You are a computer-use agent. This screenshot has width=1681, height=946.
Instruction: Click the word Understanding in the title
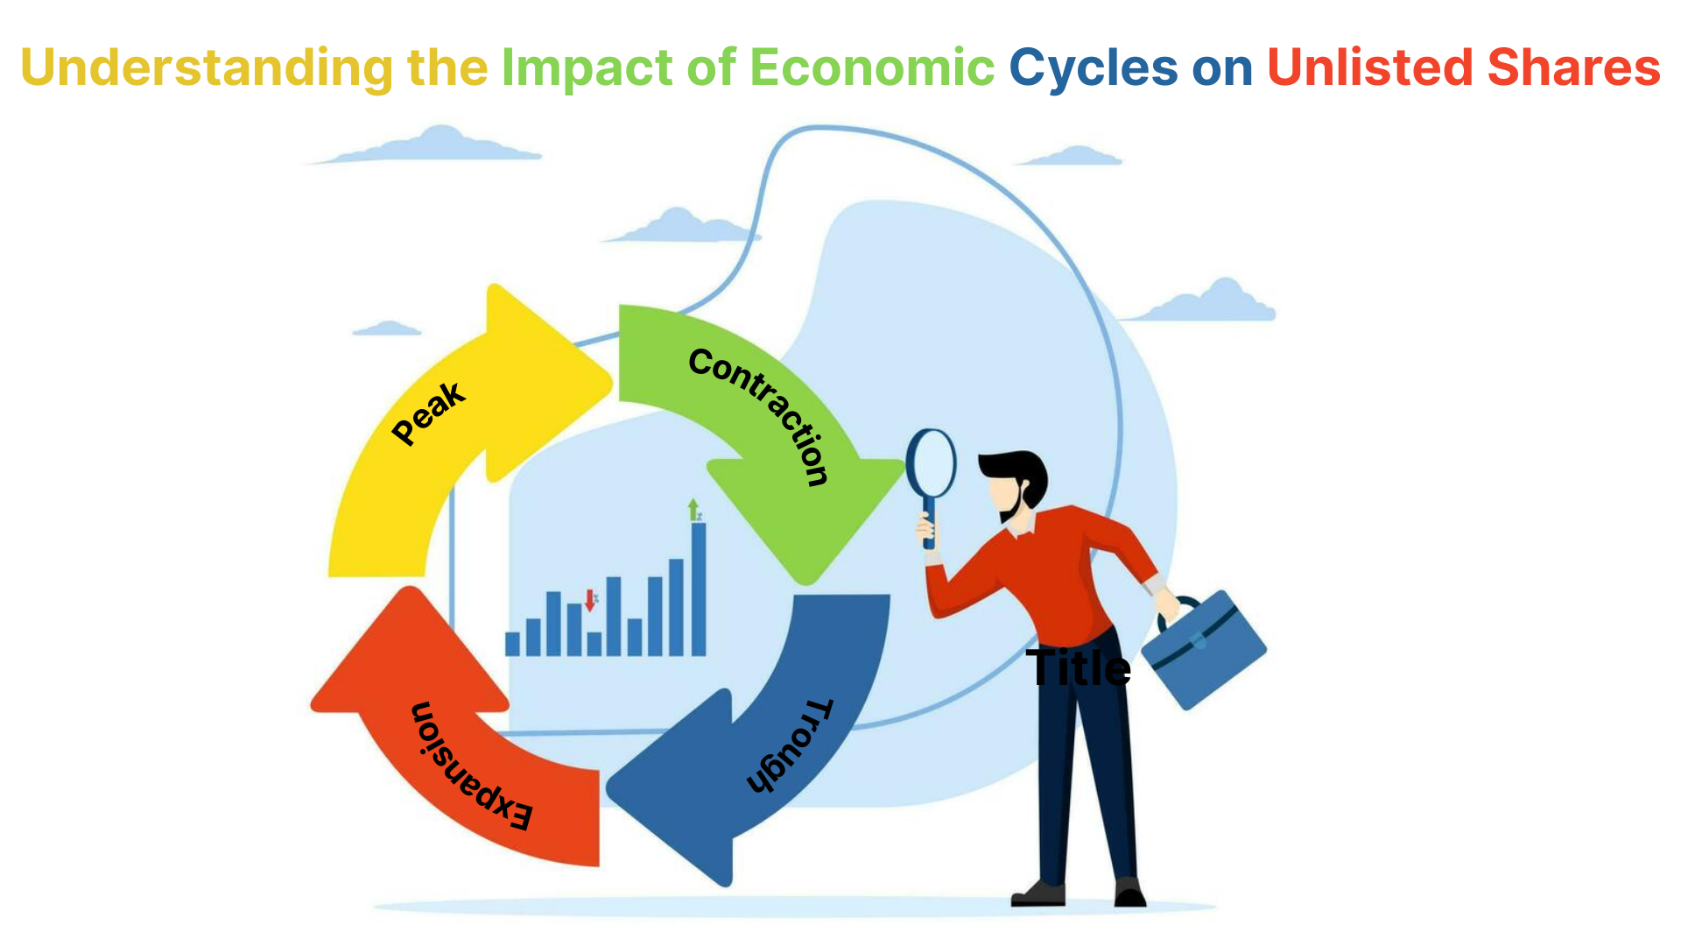207,69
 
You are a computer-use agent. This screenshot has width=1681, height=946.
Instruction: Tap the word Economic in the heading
872,67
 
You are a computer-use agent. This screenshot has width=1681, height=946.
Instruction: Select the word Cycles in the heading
1094,69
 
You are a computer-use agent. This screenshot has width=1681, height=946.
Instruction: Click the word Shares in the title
1573,67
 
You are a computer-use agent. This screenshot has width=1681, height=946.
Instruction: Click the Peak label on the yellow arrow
428,413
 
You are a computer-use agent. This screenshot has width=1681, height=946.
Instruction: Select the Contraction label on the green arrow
758,415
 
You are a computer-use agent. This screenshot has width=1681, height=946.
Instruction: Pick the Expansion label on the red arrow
471,766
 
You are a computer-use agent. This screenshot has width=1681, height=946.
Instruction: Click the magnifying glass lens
931,463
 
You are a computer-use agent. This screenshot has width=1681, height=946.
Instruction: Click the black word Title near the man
1078,668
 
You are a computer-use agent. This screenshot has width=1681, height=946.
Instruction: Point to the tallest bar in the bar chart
699,589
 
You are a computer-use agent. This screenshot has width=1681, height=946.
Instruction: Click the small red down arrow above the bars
590,600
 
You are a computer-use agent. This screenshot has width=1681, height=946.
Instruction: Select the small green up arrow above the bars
693,509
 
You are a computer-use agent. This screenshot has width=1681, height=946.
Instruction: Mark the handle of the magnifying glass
929,523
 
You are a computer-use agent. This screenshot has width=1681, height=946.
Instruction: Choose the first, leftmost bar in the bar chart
512,644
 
